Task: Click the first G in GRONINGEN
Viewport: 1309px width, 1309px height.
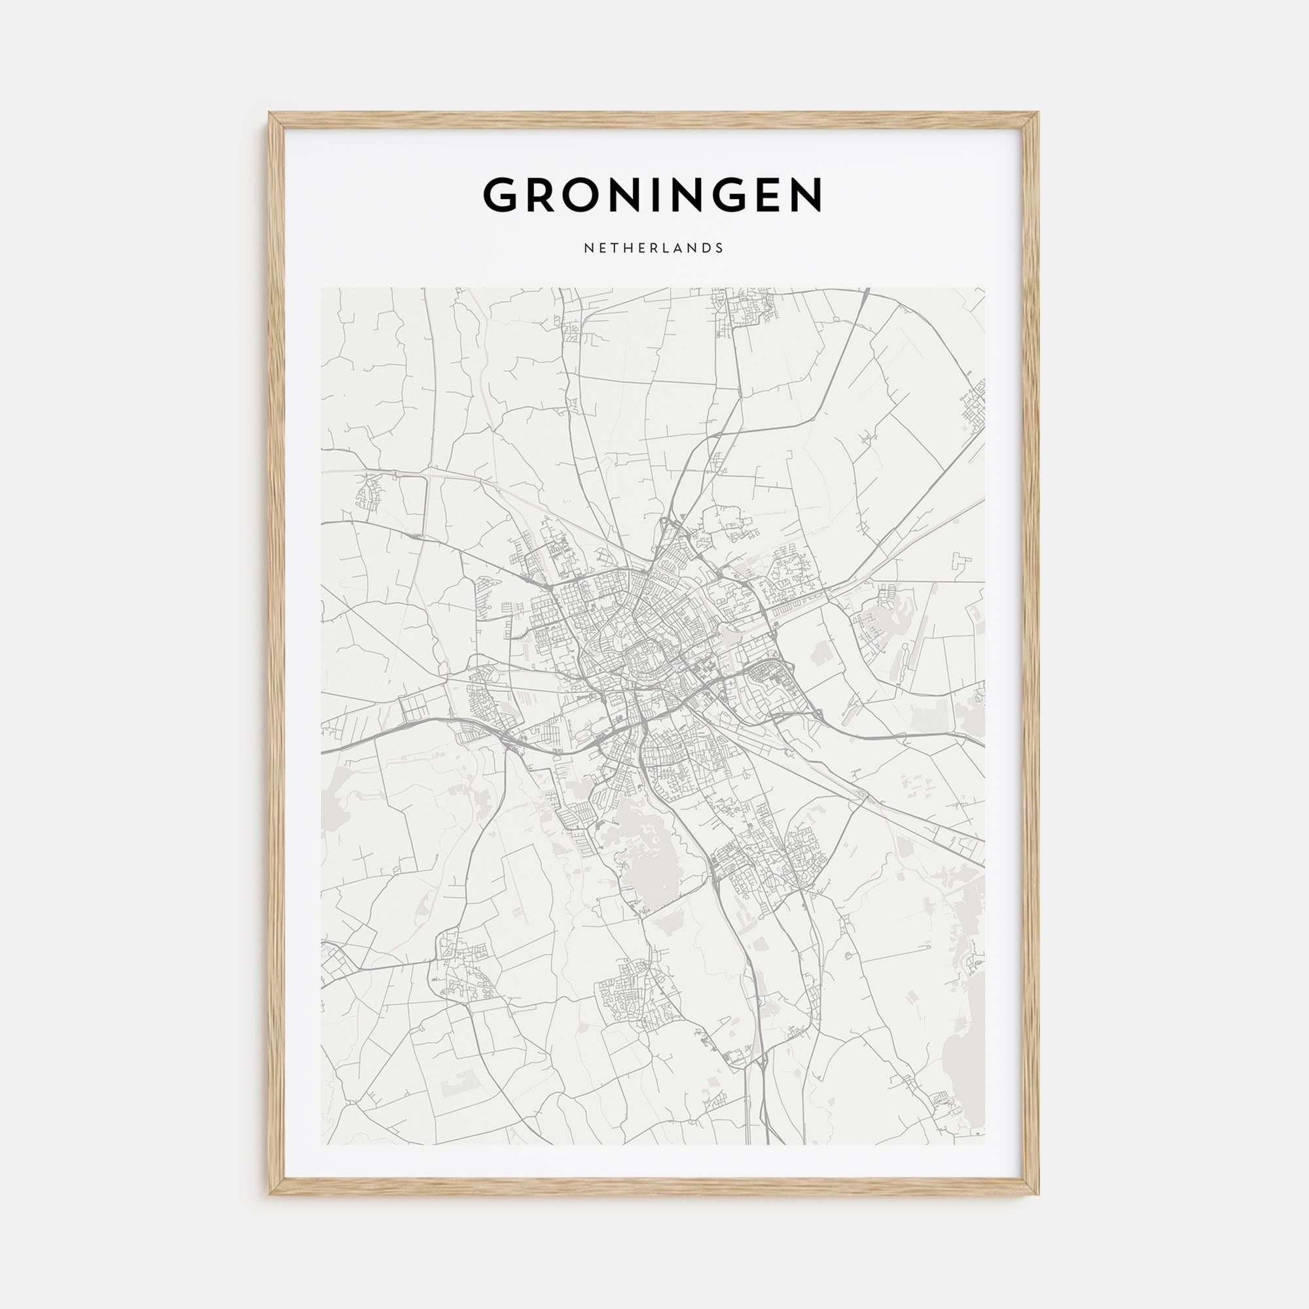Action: (x=502, y=195)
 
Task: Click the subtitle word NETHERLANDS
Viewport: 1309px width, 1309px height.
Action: (x=654, y=248)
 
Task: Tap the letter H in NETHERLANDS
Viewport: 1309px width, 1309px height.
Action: (x=622, y=248)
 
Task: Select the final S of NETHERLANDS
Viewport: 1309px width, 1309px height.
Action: (x=720, y=248)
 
